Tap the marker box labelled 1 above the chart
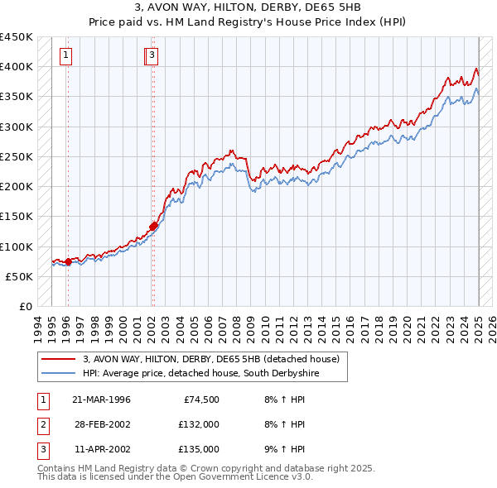click(65, 55)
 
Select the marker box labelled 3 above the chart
click(154, 55)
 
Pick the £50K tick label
click(21, 276)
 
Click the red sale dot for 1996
click(68, 261)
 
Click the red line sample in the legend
click(58, 360)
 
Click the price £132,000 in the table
click(199, 424)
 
